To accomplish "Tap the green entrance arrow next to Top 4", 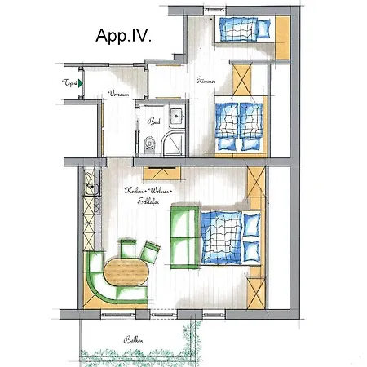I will click(x=81, y=83).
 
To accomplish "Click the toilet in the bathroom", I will click(x=148, y=144).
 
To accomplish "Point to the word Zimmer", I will click(x=206, y=82).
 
